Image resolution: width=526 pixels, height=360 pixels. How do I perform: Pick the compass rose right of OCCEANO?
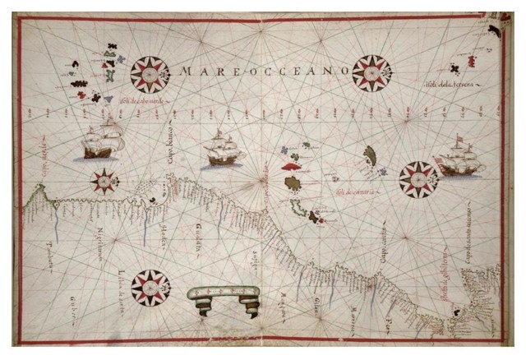(x=371, y=73)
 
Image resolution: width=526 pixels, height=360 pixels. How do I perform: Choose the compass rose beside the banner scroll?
(x=150, y=287)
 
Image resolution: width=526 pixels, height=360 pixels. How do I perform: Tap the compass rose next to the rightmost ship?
(x=418, y=179)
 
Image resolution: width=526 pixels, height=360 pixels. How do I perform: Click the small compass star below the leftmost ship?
(x=104, y=180)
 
